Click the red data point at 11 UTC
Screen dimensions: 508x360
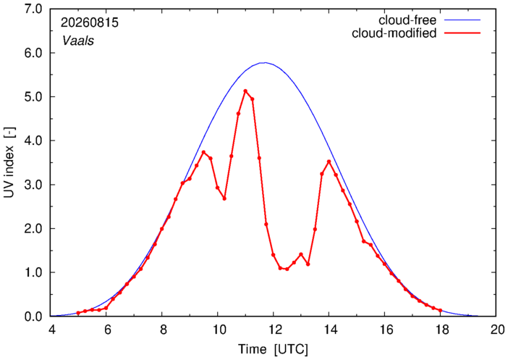(x=245, y=91)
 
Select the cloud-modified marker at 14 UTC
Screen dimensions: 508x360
(x=329, y=162)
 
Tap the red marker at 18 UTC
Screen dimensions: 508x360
(x=440, y=310)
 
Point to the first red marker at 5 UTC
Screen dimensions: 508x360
(x=78, y=313)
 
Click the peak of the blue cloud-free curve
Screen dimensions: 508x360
(x=265, y=62)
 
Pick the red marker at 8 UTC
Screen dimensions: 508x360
(x=161, y=229)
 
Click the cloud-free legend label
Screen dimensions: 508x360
(x=407, y=20)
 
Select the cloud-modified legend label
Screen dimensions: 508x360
(x=394, y=33)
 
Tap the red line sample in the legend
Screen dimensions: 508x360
(x=462, y=33)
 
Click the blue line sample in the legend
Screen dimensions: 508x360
(x=462, y=20)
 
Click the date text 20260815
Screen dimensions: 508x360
(x=90, y=22)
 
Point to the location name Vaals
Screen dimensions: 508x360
(x=78, y=41)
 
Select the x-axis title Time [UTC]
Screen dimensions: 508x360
(x=273, y=349)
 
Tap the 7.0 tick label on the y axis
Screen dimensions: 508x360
(x=33, y=9)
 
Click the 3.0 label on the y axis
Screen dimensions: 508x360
(x=33, y=185)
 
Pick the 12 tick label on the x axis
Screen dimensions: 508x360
(x=273, y=330)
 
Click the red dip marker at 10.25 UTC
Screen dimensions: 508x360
(x=224, y=198)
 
